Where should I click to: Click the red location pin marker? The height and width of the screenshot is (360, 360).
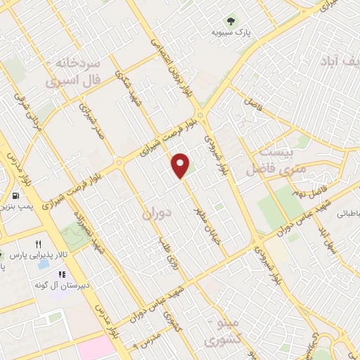coord(181,165)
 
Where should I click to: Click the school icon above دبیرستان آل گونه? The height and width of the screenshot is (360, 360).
coord(62,274)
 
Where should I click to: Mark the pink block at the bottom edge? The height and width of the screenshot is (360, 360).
coord(95,349)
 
